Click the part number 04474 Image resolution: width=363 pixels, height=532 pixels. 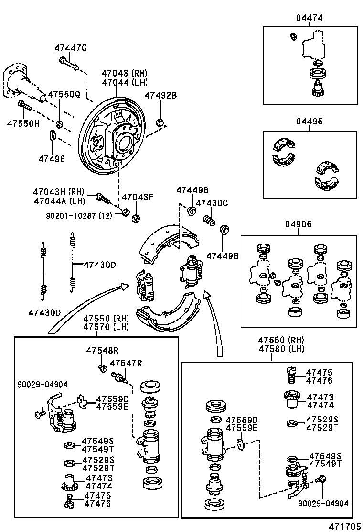(310, 18)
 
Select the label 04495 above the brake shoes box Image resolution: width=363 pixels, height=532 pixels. (310, 122)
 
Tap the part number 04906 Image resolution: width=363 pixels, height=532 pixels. (299, 224)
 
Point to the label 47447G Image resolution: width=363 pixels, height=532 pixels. (71, 48)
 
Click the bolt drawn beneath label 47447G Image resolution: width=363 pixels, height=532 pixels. (69, 63)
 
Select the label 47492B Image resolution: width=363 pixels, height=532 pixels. (160, 95)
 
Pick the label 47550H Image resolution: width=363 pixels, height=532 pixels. (23, 123)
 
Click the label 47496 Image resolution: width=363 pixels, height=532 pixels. (52, 158)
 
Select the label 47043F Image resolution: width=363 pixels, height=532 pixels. (138, 197)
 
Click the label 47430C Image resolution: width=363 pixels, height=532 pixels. (212, 203)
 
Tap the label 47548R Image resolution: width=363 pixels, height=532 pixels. (102, 351)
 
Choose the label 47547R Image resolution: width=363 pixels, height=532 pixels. (126, 363)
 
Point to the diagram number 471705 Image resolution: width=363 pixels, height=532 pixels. (343, 526)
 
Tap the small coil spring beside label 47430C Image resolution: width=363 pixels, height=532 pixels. (209, 221)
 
